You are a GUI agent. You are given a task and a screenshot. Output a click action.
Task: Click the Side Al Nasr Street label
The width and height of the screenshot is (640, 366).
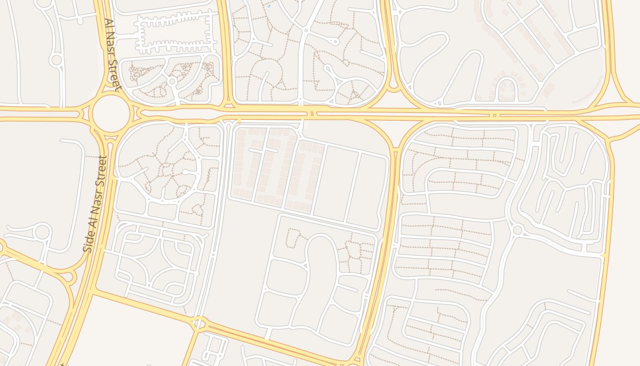pos(95,204)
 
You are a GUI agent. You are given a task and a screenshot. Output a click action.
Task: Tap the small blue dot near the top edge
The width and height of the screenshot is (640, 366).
pos(268,6)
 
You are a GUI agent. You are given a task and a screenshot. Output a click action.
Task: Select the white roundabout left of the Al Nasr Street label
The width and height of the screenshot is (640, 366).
pos(56,59)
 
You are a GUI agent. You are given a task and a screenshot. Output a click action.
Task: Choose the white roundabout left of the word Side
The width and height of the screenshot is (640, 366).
pos(42,232)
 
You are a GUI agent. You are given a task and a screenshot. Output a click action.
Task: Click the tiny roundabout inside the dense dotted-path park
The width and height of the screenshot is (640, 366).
pos(172,81)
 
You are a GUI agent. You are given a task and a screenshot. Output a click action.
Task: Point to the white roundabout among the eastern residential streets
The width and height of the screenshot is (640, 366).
pos(517,230)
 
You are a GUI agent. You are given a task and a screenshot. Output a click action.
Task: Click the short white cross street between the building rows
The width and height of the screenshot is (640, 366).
pos(263,150)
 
